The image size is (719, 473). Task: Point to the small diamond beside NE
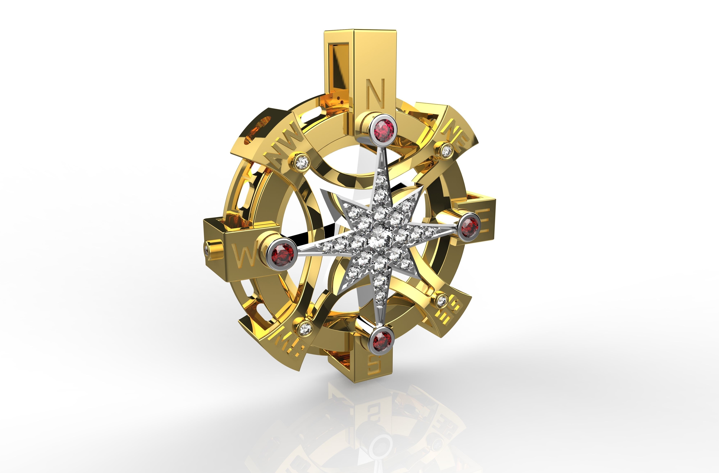point(446,150)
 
